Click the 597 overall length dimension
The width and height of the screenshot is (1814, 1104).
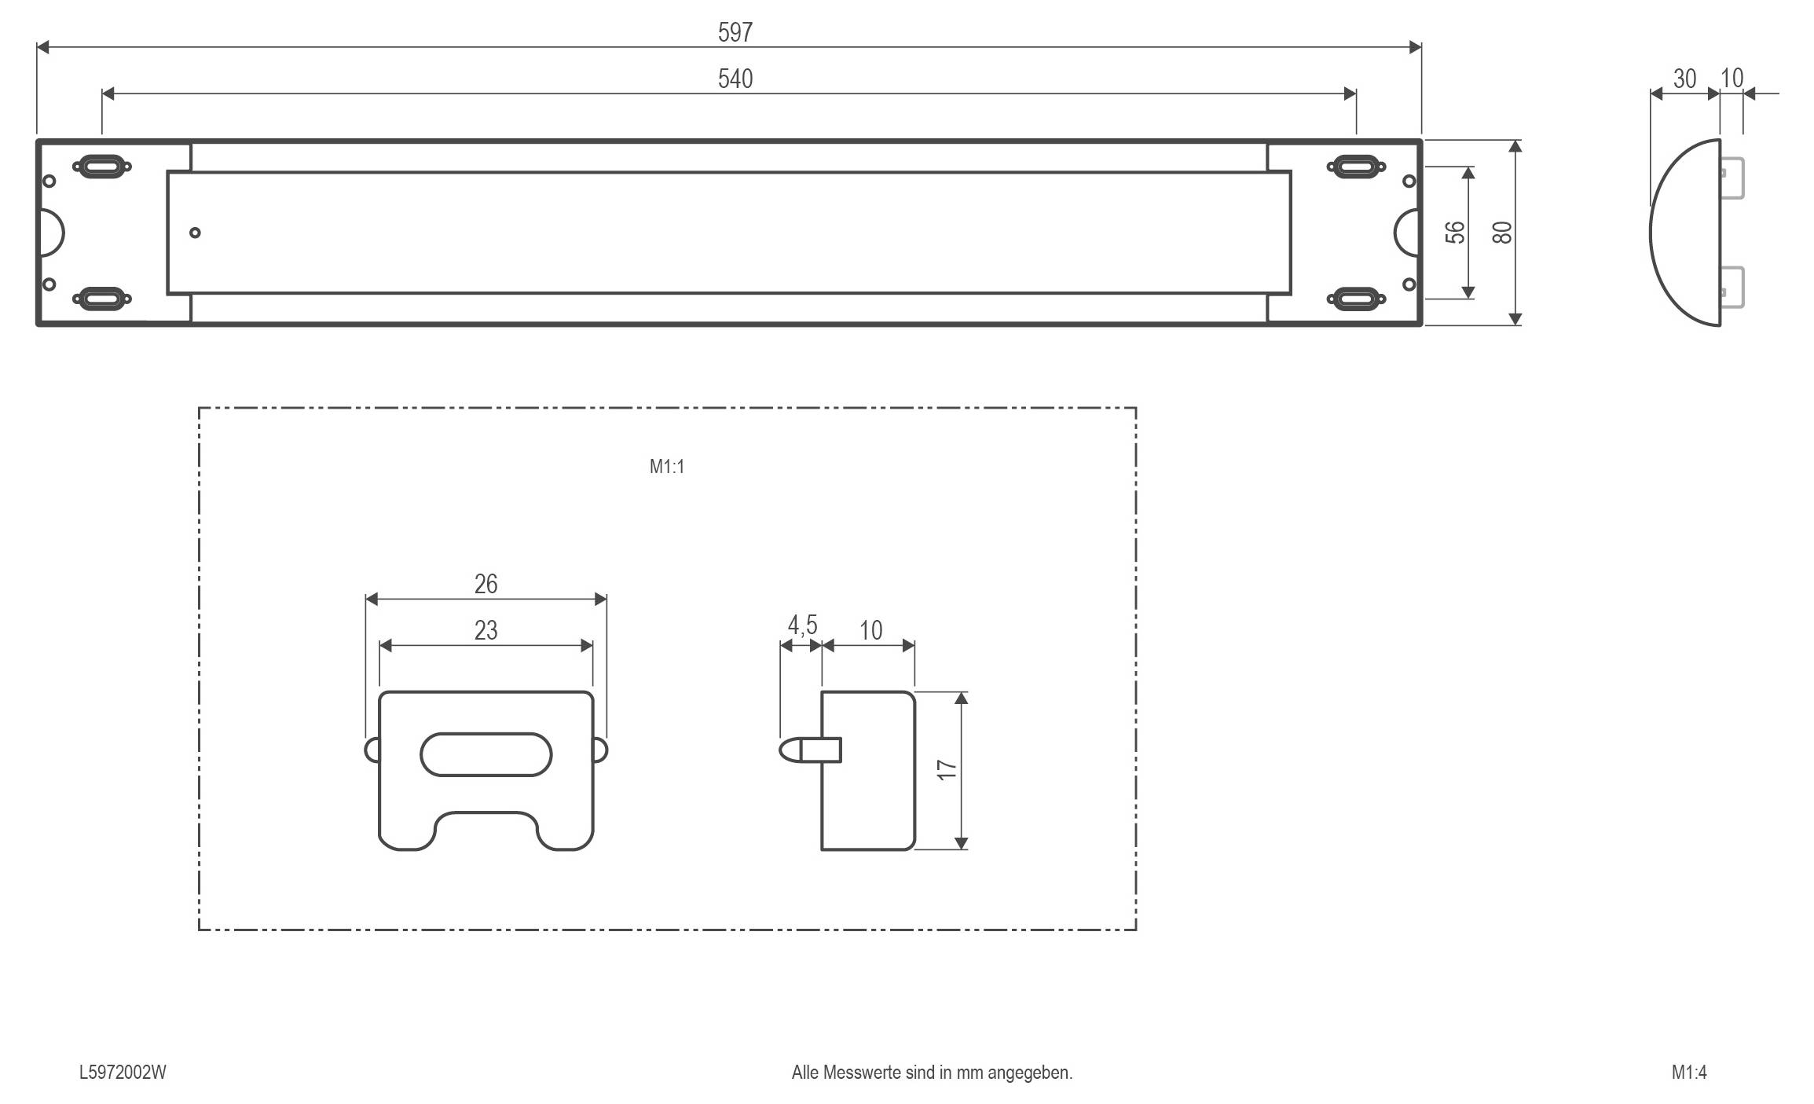735,32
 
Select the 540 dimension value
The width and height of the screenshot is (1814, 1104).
735,79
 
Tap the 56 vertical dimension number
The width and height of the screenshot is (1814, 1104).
1455,233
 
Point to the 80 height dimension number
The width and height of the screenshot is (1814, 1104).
1501,233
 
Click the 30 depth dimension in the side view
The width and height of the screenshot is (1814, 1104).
1684,79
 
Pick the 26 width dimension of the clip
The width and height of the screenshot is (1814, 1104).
486,584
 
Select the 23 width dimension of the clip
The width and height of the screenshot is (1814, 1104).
486,630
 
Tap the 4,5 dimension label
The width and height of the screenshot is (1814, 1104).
802,625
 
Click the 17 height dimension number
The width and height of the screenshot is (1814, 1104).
947,770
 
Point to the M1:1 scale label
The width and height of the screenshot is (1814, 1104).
666,467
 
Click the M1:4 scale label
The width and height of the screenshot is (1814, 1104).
1689,1073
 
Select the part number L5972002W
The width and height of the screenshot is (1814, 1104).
123,1073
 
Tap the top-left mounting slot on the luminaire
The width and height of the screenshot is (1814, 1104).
102,167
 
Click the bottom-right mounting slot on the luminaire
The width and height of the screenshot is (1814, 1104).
1356,299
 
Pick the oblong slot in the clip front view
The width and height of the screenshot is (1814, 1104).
486,754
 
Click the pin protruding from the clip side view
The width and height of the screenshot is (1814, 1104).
801,750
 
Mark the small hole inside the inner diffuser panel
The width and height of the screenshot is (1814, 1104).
195,233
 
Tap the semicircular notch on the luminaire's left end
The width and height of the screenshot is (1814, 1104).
51,233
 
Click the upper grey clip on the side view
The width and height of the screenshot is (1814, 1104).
1732,178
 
